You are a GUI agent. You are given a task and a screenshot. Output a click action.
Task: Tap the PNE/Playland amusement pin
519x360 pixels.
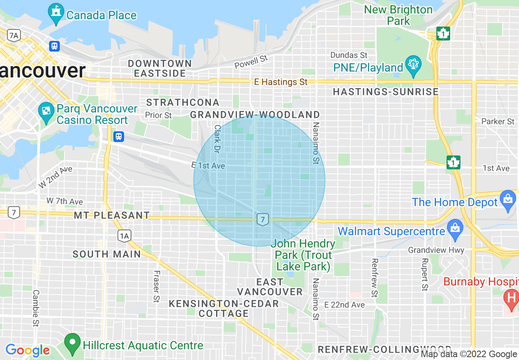coord(413,66)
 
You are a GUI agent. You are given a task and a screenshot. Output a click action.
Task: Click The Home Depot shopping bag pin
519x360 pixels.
coord(508,200)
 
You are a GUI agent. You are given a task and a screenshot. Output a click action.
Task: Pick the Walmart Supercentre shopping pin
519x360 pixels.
coord(455,229)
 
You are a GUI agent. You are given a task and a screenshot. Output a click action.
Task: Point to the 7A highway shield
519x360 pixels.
coord(14,36)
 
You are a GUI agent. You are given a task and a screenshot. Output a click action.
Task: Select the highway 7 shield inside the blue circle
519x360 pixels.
coord(262,219)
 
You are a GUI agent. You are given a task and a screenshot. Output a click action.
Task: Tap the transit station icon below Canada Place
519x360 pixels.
coord(54,46)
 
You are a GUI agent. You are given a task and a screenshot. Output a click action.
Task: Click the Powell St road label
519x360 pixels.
coord(250,62)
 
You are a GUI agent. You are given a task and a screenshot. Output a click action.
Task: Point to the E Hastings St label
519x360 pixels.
coord(281,82)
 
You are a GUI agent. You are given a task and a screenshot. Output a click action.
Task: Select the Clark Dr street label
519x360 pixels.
coord(217,139)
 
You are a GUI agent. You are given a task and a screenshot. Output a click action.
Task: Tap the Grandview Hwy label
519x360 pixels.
coord(436,250)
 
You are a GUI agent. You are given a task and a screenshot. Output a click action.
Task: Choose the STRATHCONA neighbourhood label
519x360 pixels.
coord(183,102)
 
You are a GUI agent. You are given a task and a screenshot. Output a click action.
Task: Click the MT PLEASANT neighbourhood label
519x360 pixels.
coord(112,215)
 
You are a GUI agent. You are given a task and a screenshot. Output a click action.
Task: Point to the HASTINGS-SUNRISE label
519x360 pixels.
coord(386,92)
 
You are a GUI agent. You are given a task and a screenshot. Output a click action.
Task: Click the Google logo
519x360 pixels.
coord(27,350)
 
